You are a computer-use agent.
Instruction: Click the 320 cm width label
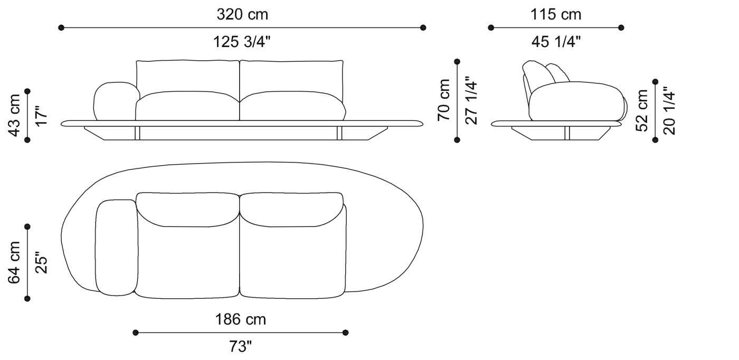point(242,14)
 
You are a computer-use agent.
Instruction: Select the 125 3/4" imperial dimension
point(242,42)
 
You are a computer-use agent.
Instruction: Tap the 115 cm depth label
point(556,14)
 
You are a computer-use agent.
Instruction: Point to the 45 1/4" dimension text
point(556,42)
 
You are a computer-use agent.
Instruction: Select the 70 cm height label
point(444,100)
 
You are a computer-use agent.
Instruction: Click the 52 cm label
point(642,110)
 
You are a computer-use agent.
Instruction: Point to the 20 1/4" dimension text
point(669,110)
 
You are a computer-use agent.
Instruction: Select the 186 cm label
point(240,319)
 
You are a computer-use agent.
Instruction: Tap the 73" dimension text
point(240,347)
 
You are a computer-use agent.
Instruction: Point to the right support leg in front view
point(339,134)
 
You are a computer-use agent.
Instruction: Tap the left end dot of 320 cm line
point(61,27)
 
